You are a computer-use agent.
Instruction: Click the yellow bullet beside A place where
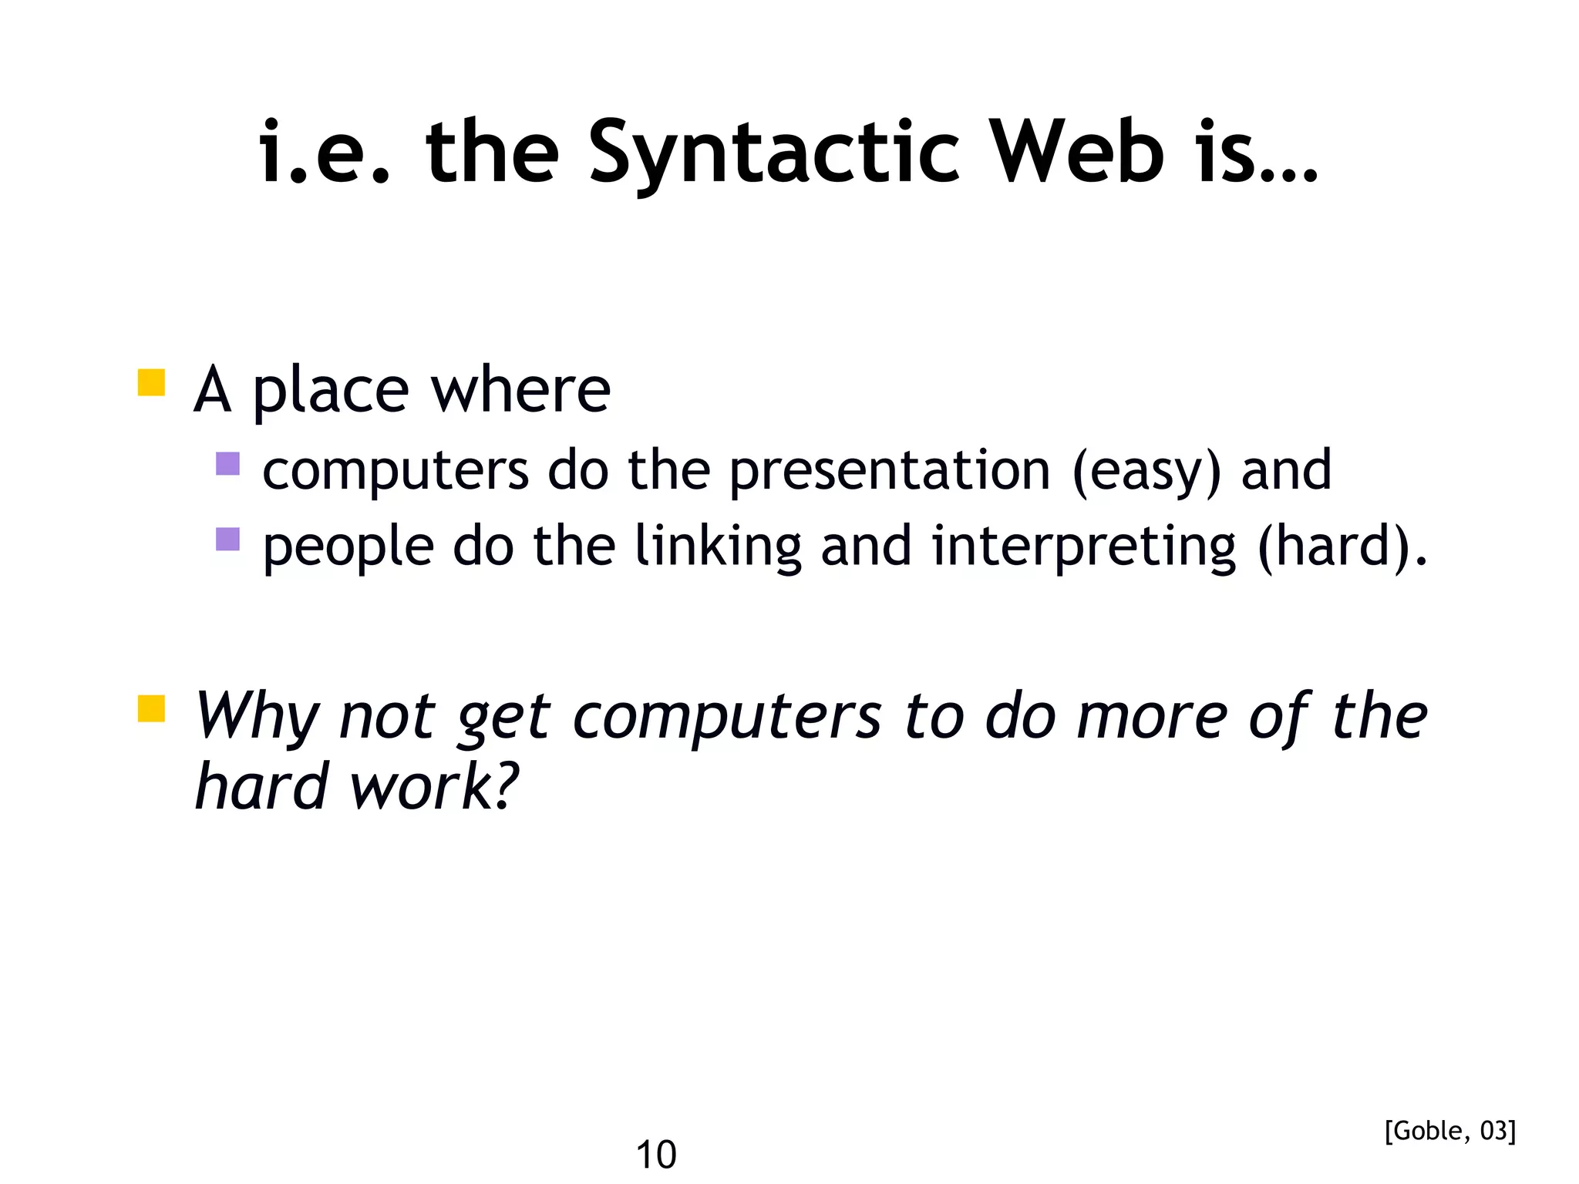coord(152,383)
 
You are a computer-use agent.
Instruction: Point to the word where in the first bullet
coord(520,390)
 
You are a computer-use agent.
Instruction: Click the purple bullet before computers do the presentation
coord(228,464)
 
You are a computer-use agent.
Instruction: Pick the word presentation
coord(890,470)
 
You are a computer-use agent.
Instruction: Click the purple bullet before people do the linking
coord(228,539)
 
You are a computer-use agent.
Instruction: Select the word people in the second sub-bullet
coord(348,547)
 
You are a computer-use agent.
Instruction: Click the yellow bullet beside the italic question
coord(152,708)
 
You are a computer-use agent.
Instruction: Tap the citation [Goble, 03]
coord(1449,1131)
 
